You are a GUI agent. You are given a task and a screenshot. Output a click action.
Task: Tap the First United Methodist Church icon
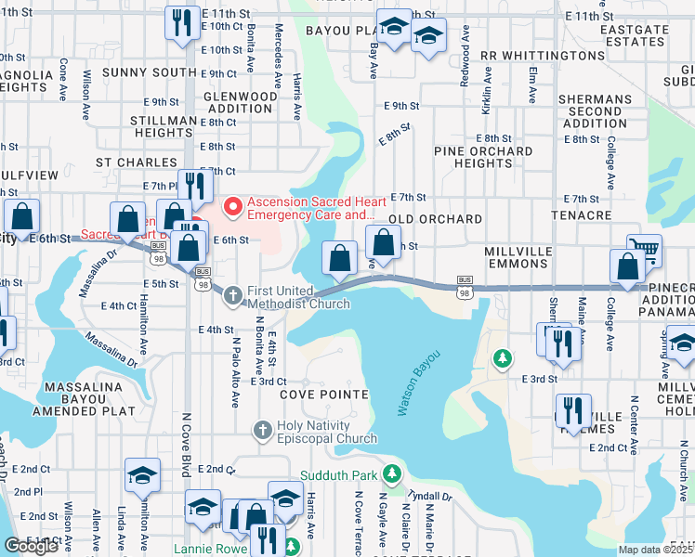coord(232,295)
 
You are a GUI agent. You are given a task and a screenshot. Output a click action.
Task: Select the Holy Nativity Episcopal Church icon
coord(263,430)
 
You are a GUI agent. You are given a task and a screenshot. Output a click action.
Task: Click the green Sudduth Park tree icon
coord(393,475)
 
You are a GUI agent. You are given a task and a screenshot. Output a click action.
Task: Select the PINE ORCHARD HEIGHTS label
coord(483,157)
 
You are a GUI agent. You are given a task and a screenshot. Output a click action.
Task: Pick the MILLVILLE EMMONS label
coord(518,258)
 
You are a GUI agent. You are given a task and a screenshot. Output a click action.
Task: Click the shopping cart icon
coord(644,248)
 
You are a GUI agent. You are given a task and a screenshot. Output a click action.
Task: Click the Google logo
coord(31,546)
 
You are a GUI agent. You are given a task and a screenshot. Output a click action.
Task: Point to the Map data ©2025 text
coord(655,550)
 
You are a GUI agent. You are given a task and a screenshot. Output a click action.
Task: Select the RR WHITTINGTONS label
coord(544,56)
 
